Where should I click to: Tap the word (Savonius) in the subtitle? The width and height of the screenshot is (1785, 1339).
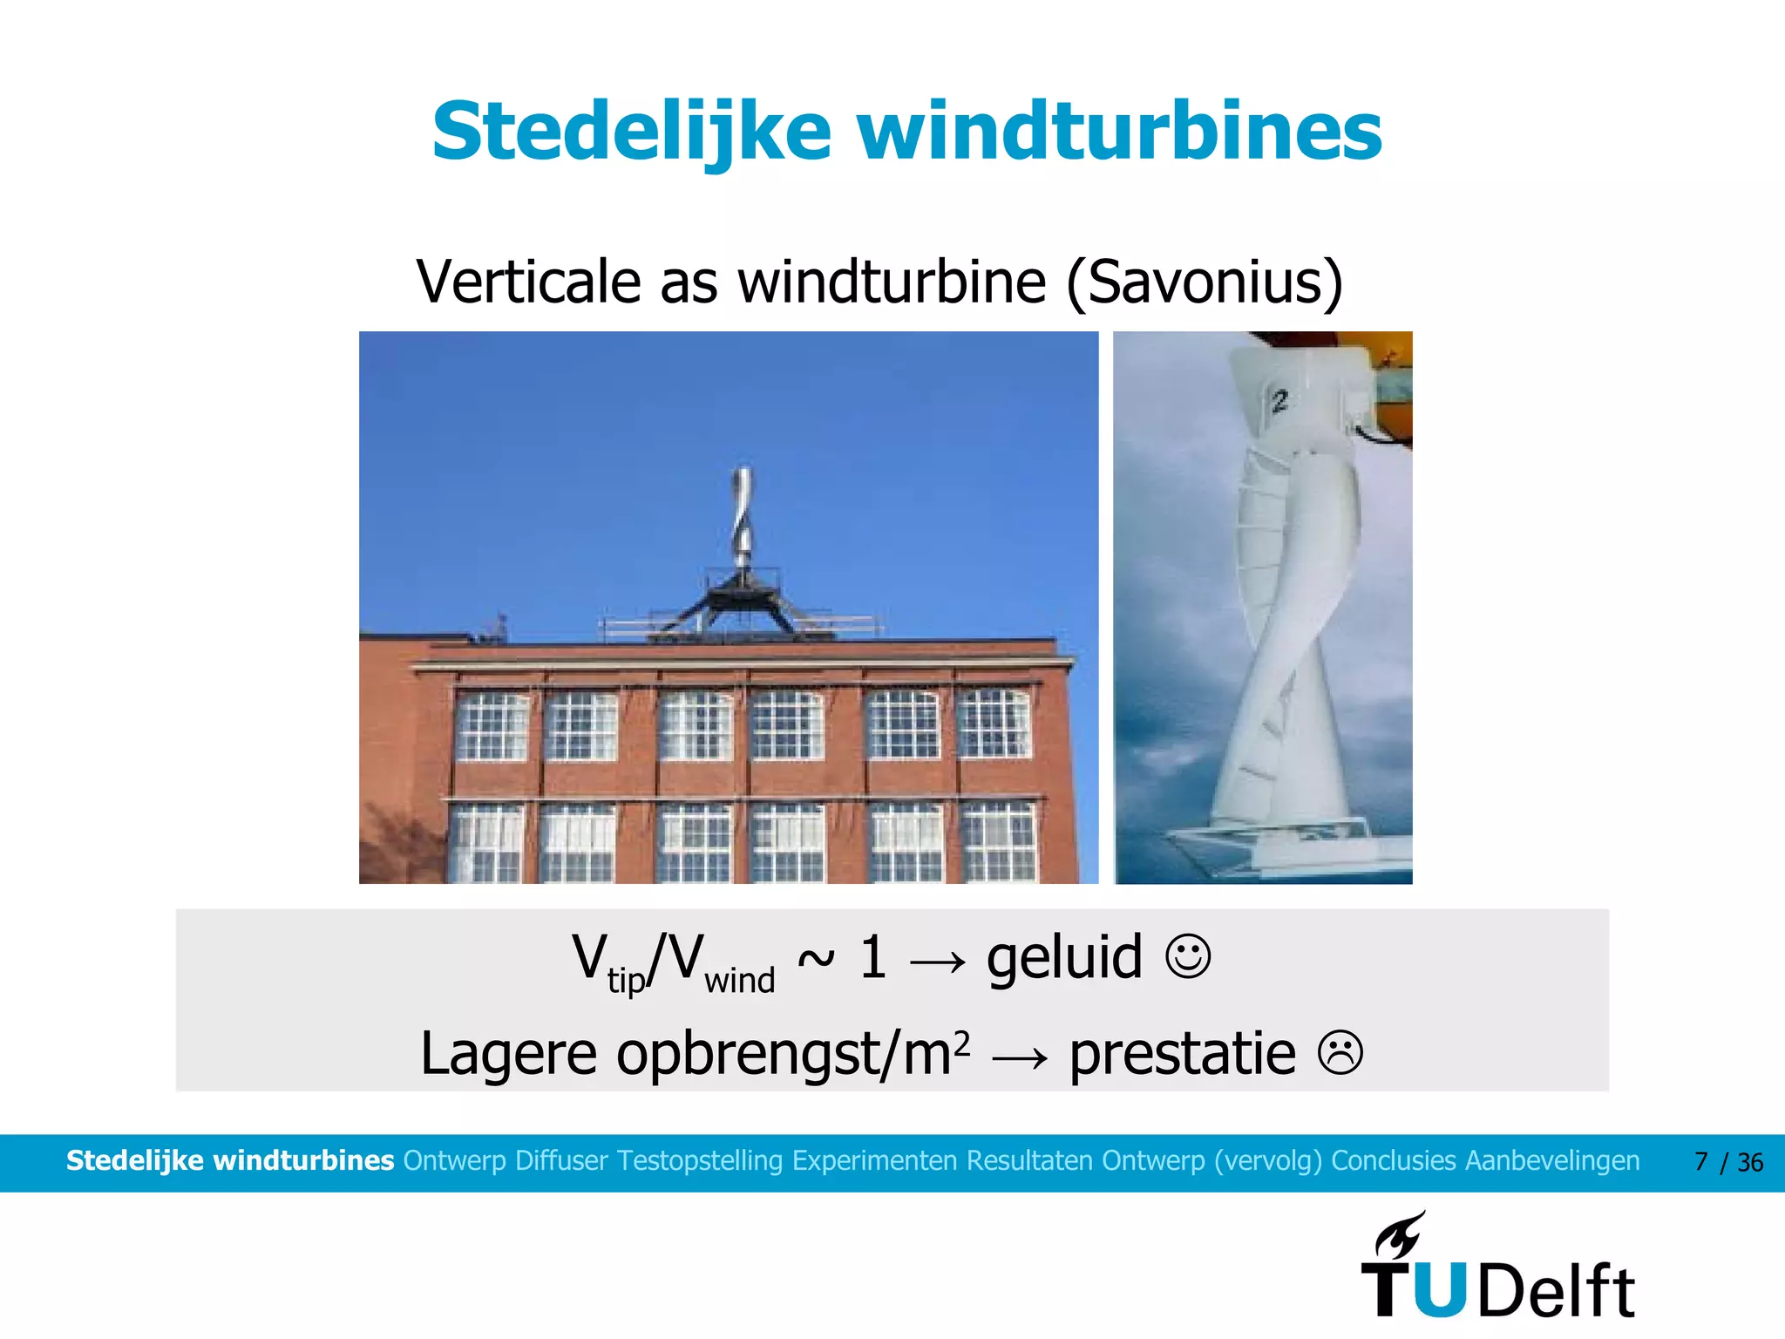point(1204,282)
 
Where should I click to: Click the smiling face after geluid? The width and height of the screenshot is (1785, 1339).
point(1188,957)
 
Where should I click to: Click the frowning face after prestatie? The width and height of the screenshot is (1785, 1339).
point(1340,1052)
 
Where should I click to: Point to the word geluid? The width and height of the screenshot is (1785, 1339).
point(1064,957)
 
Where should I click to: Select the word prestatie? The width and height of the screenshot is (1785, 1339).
point(1183,1054)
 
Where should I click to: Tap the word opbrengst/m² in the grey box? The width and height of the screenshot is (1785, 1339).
point(793,1054)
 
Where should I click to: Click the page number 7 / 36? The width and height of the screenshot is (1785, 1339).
point(1728,1162)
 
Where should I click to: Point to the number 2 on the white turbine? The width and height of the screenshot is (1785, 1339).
point(1279,402)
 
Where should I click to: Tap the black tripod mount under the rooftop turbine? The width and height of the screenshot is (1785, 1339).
point(741,602)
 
